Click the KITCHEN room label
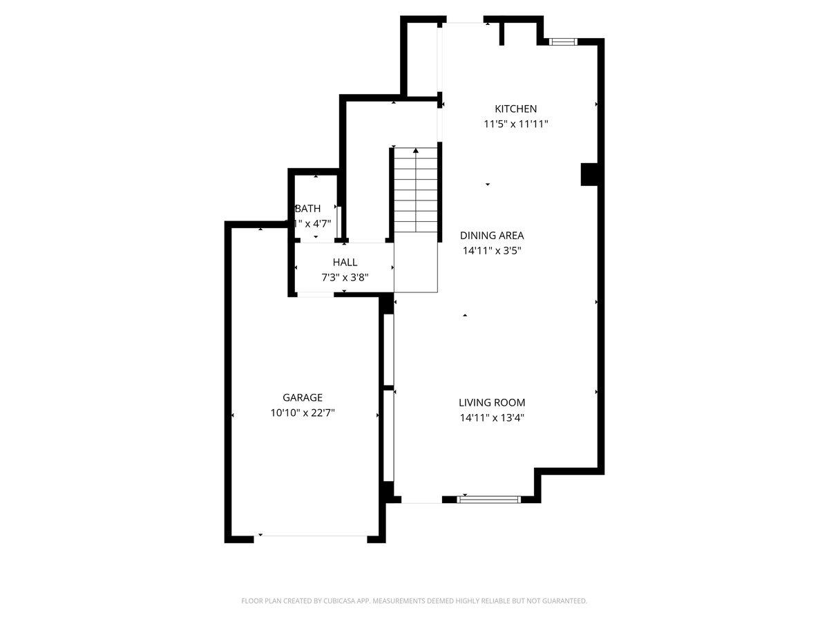coord(515,109)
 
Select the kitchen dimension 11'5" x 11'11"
coord(515,124)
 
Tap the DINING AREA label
coord(491,235)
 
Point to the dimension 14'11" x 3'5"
coord(491,251)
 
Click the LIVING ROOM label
coord(492,402)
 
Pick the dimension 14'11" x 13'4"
coord(492,417)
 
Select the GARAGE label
coord(303,397)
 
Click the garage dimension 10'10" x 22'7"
coord(303,413)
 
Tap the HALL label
coord(345,263)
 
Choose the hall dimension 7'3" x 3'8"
coord(345,278)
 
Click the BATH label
coord(308,208)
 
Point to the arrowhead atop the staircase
coord(415,150)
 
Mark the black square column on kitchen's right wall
coord(589,174)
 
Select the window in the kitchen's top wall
coord(562,42)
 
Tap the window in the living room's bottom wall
coord(490,498)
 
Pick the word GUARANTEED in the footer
coord(562,601)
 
